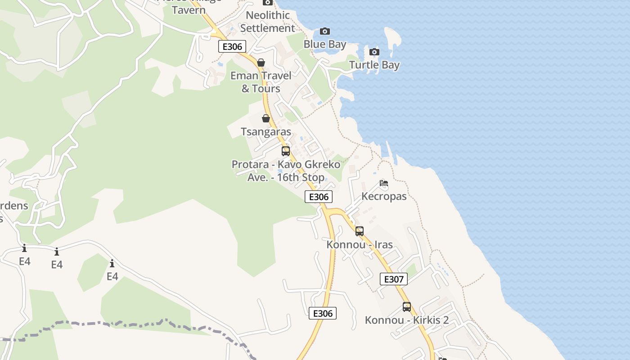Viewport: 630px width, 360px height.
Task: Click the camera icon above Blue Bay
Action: (324, 31)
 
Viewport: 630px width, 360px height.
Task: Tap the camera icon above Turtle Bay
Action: (374, 52)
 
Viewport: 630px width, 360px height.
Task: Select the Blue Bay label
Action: (325, 44)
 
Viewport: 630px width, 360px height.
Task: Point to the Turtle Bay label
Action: (374, 65)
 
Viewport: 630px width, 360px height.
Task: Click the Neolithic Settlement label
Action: (267, 22)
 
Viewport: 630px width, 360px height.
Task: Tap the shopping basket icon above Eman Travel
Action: (261, 63)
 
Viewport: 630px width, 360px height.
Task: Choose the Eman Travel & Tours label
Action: (261, 82)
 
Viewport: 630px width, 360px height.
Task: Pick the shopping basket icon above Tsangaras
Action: (266, 118)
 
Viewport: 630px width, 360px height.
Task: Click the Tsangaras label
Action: (266, 132)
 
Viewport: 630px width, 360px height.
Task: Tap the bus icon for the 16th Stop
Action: (286, 151)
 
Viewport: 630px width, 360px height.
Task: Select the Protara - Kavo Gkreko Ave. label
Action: (286, 171)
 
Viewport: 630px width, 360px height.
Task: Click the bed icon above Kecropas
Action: (384, 183)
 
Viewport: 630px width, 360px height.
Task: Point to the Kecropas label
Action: (384, 196)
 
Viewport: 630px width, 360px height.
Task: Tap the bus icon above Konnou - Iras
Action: (360, 231)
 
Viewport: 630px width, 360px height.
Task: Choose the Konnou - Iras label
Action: (360, 245)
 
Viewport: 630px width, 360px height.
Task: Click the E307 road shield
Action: (394, 279)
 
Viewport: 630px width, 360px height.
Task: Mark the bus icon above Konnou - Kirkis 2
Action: (407, 307)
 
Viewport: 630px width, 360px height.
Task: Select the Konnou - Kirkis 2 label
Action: (407, 320)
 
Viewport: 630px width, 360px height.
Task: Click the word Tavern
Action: (189, 10)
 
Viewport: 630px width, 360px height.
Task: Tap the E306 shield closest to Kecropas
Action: (319, 197)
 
